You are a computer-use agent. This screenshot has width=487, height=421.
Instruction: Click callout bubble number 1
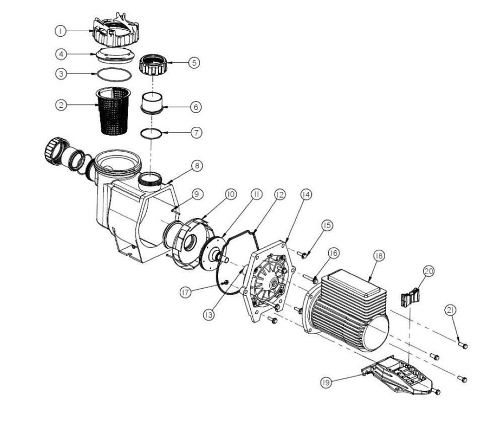click(60, 31)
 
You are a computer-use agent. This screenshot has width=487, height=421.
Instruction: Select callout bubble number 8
click(196, 166)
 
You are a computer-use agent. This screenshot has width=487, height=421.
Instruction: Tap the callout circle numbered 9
click(196, 194)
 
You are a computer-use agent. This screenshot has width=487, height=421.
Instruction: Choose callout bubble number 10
click(230, 194)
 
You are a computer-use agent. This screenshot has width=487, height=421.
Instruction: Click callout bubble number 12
click(279, 194)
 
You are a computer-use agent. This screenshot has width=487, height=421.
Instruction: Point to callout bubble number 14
click(306, 194)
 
